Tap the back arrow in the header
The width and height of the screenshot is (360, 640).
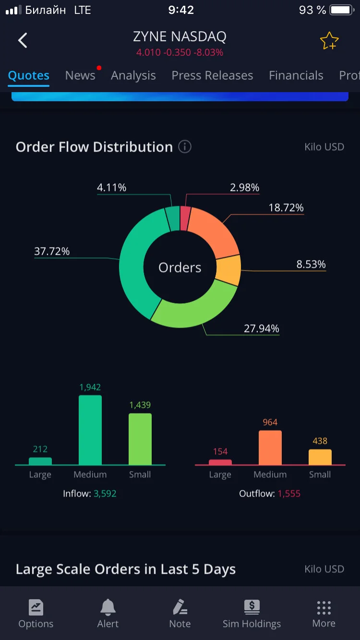click(x=23, y=40)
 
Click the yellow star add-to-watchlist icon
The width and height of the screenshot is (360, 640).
click(x=329, y=41)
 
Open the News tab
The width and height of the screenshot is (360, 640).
click(x=80, y=75)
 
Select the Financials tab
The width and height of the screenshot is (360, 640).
click(x=296, y=75)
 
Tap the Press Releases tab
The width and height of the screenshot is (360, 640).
click(x=212, y=75)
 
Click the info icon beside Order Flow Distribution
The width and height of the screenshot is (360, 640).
click(x=185, y=147)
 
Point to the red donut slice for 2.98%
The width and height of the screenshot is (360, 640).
click(x=185, y=218)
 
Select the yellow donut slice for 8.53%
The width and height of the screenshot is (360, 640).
click(x=228, y=270)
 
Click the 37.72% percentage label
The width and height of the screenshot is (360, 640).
click(x=52, y=251)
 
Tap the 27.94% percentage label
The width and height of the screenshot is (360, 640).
click(x=261, y=329)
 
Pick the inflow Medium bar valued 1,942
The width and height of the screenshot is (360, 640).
click(x=90, y=430)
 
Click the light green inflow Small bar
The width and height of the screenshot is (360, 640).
click(x=140, y=439)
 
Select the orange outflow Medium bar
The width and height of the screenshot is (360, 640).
click(x=270, y=448)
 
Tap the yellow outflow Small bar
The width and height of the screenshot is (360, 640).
click(x=320, y=457)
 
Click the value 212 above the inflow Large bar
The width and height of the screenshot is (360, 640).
click(x=40, y=449)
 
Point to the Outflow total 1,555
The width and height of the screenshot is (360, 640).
click(x=289, y=494)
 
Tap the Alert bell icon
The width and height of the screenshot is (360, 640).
click(x=108, y=607)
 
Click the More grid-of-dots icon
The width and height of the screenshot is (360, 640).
click(x=324, y=608)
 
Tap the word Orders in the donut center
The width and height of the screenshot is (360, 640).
click(x=180, y=268)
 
